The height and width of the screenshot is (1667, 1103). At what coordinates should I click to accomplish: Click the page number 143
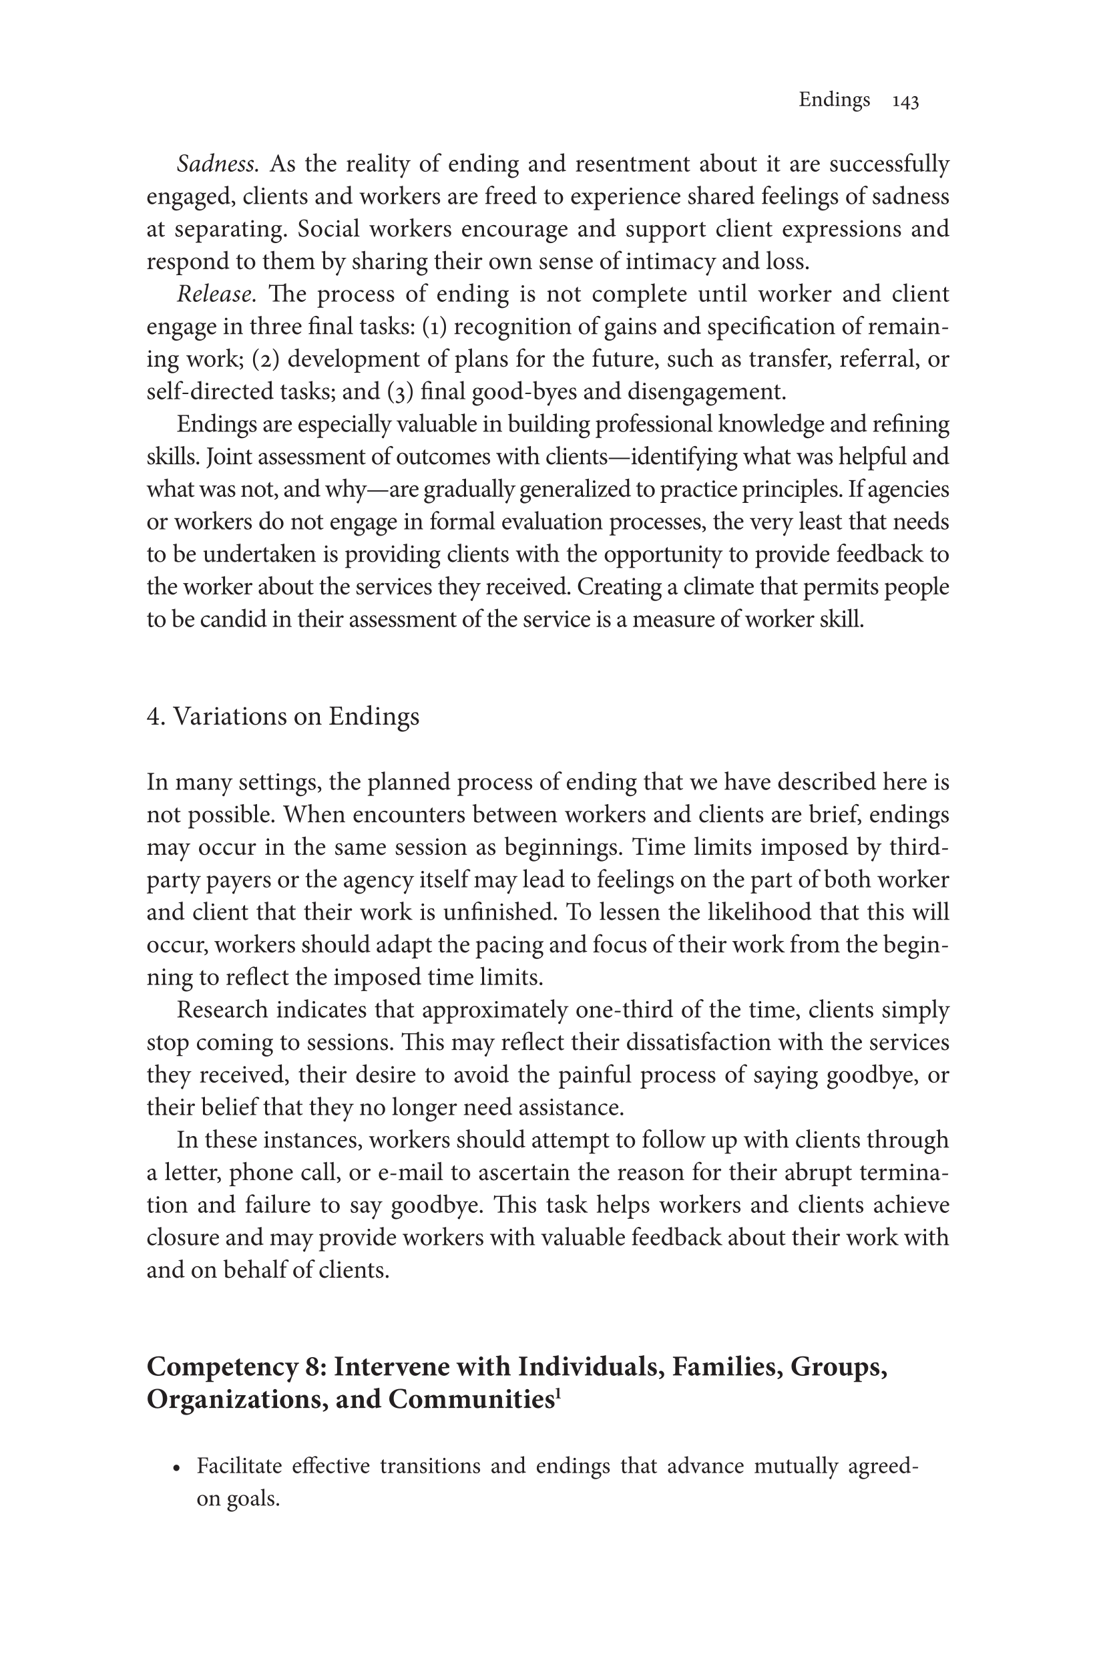click(x=905, y=102)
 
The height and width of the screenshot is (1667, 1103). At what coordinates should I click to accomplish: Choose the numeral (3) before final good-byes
click(x=400, y=392)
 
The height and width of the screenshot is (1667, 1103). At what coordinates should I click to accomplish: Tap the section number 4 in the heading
click(x=154, y=717)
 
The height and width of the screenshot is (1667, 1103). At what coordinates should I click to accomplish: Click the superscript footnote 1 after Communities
click(x=557, y=1393)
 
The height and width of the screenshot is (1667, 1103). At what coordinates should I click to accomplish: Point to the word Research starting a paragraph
click(x=222, y=1010)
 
